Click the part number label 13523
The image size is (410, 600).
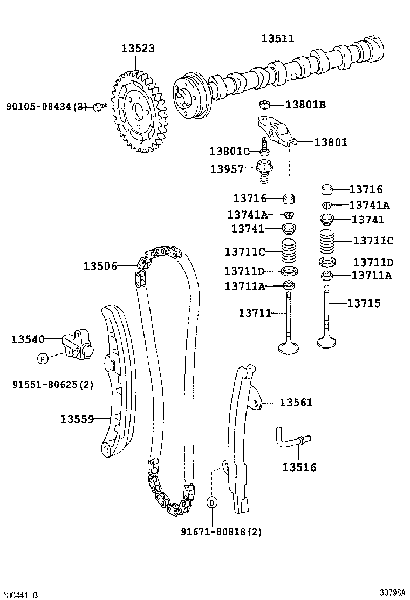pyautogui.click(x=138, y=48)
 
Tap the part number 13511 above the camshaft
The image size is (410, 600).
pyautogui.click(x=278, y=38)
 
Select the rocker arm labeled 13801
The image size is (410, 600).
pyautogui.click(x=275, y=132)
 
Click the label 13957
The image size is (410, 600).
pyautogui.click(x=227, y=169)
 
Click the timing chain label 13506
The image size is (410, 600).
pyautogui.click(x=100, y=265)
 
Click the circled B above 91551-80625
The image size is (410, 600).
pyautogui.click(x=43, y=358)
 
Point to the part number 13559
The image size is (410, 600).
pyautogui.click(x=77, y=419)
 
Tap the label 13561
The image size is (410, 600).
pyautogui.click(x=296, y=403)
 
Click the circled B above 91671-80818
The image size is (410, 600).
pyautogui.click(x=212, y=502)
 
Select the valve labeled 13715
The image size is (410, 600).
pyautogui.click(x=327, y=318)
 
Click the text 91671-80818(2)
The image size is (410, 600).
pyautogui.click(x=221, y=531)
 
